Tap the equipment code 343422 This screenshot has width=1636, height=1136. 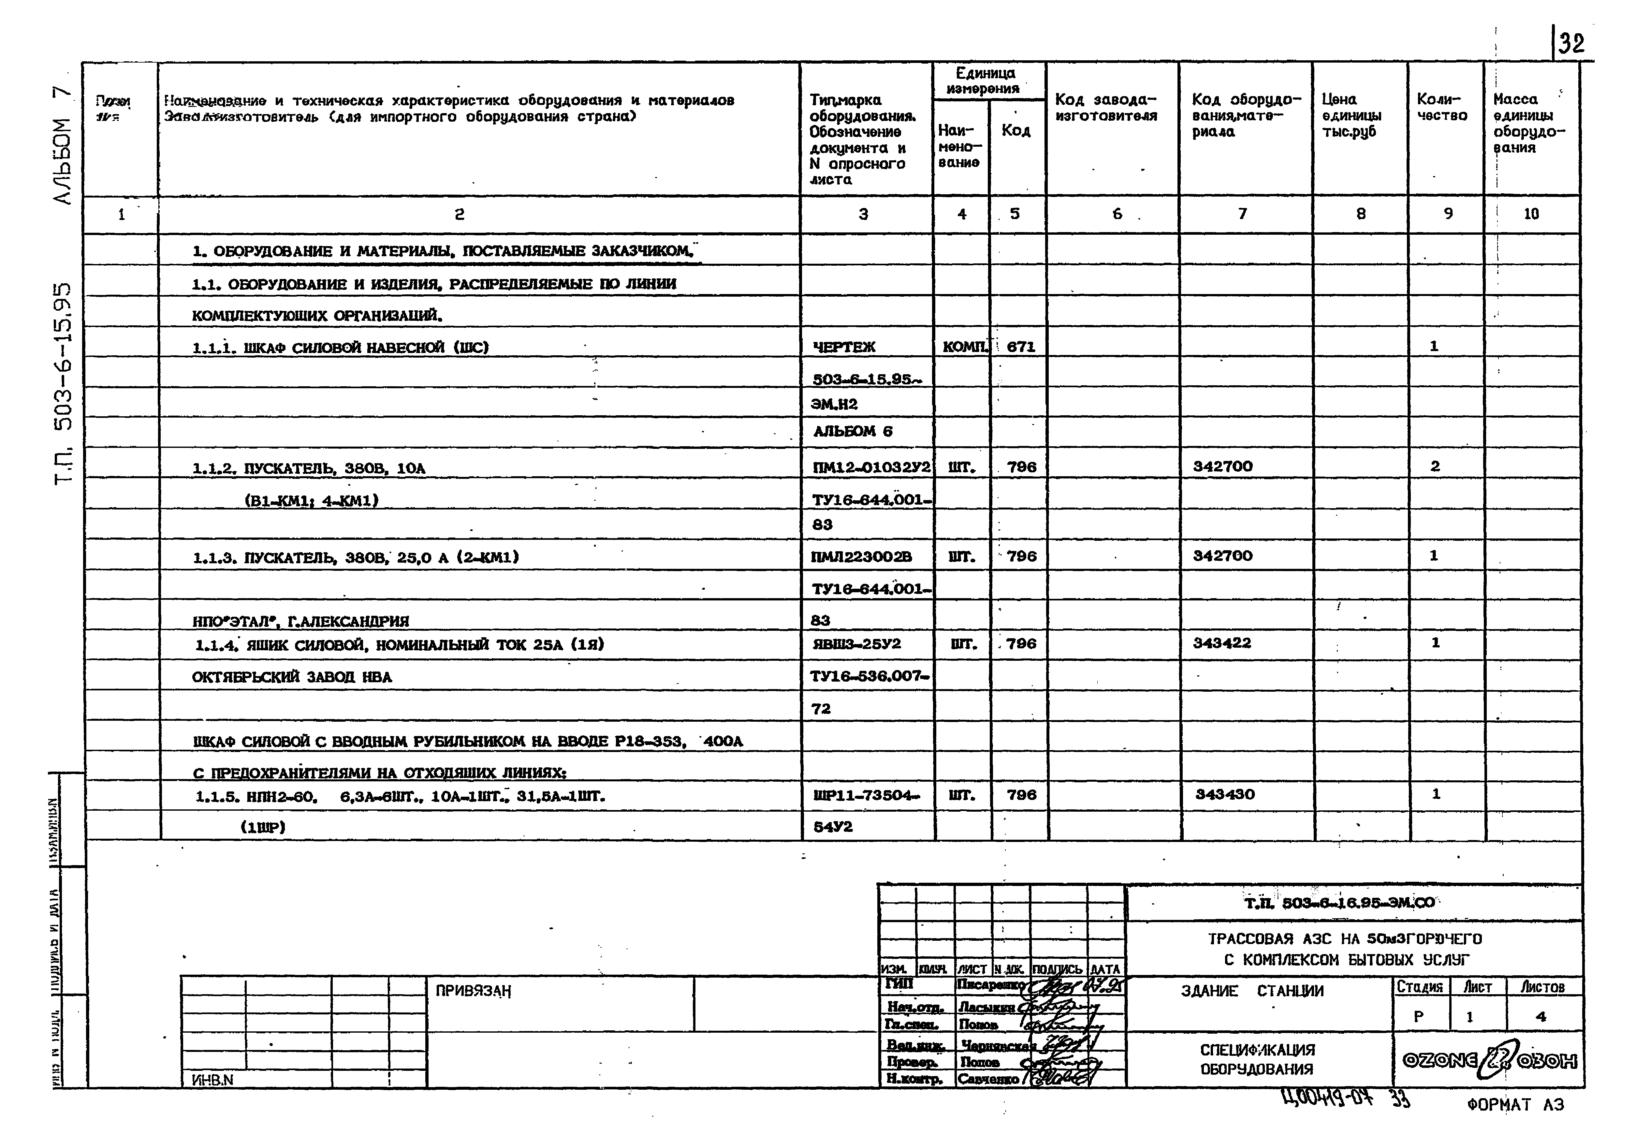click(1222, 643)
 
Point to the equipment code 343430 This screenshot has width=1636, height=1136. click(1225, 794)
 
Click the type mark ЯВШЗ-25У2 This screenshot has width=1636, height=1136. click(856, 643)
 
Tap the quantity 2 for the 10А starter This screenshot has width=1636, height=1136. click(1435, 466)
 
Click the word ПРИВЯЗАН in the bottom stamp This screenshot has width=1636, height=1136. click(473, 991)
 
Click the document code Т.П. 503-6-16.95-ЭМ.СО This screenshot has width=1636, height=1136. click(1339, 903)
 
